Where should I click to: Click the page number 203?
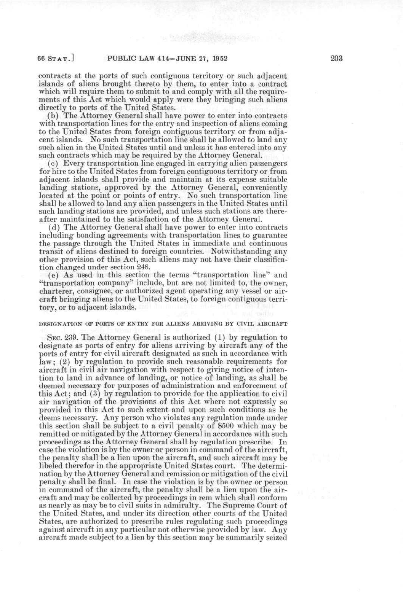pyautogui.click(x=337, y=59)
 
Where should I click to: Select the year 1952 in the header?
pyautogui.click(x=220, y=59)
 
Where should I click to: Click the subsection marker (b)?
pyautogui.click(x=53, y=116)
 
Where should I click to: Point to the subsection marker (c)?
pyautogui.click(x=53, y=164)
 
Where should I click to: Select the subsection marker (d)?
pyautogui.click(x=53, y=227)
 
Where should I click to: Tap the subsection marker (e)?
pyautogui.click(x=53, y=275)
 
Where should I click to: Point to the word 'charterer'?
pyautogui.click(x=56, y=291)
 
